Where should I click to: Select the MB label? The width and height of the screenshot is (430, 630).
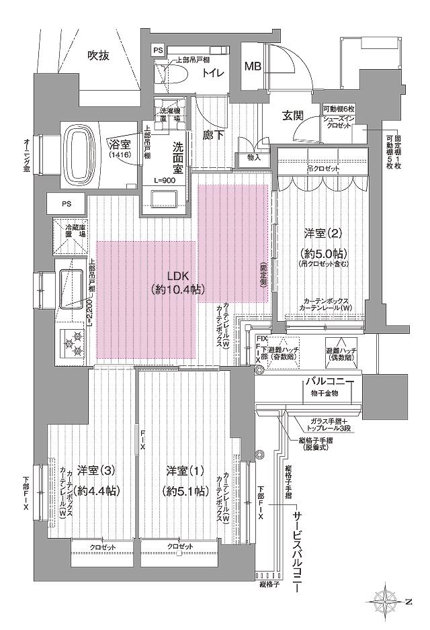tap(253, 66)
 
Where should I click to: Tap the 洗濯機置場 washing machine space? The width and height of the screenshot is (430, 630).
tap(166, 115)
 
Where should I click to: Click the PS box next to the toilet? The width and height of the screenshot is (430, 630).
tap(158, 50)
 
